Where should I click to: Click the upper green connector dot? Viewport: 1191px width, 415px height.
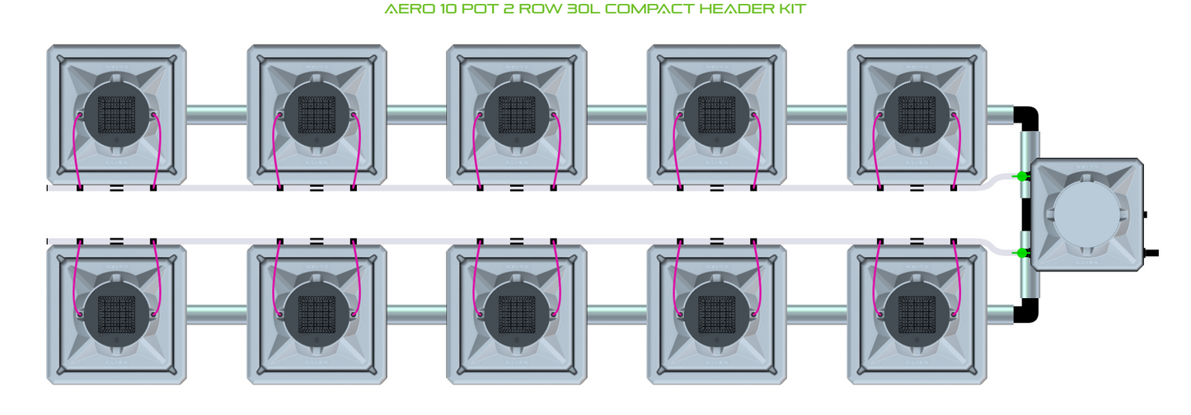point(1021,176)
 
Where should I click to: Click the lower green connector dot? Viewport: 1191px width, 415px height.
point(1021,253)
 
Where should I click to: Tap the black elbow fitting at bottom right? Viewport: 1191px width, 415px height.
point(1027,310)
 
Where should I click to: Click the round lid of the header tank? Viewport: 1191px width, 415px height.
point(1086,215)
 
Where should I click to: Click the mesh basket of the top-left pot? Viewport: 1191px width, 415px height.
point(116,114)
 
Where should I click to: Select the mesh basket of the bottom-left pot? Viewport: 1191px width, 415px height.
point(116,315)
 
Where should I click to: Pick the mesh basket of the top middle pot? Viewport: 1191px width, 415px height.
point(517,114)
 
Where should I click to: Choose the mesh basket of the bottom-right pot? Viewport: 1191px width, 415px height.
point(917,315)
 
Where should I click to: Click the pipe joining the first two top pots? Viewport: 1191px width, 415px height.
point(217,114)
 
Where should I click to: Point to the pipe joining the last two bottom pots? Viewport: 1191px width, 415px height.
point(817,315)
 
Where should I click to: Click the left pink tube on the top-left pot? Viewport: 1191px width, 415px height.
point(77,151)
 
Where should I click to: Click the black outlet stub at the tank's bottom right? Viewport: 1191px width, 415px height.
point(1151,254)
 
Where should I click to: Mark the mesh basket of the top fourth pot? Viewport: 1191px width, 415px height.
point(717,114)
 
